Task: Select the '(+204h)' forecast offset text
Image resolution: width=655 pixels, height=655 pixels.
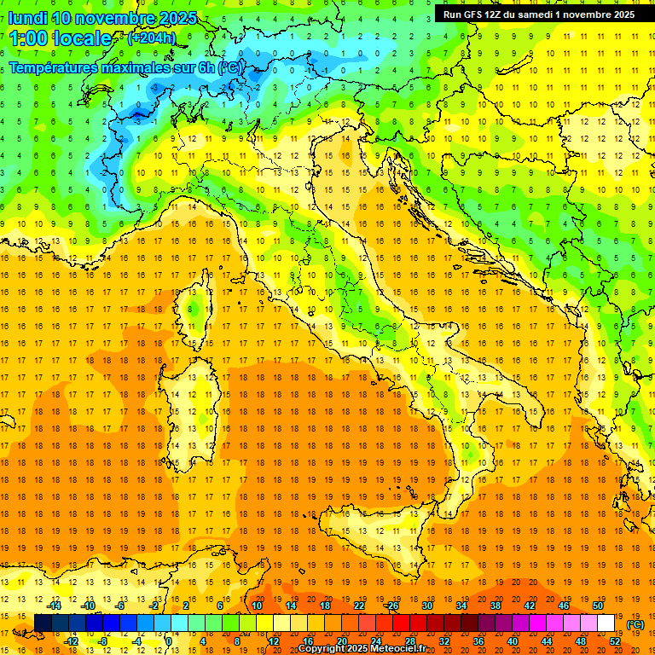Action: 151,38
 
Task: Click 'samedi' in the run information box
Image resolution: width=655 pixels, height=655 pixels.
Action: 533,14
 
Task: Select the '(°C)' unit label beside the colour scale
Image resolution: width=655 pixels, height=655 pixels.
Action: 635,624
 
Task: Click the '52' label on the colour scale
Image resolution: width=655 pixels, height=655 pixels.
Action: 615,641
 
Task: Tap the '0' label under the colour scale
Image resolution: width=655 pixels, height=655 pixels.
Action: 169,641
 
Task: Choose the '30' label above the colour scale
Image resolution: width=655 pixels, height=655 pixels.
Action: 426,606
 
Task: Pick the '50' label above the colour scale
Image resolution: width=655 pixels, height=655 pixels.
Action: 597,606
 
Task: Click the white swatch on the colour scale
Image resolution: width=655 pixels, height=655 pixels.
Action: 606,623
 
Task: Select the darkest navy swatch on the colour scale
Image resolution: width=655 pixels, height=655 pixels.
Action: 43,623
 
